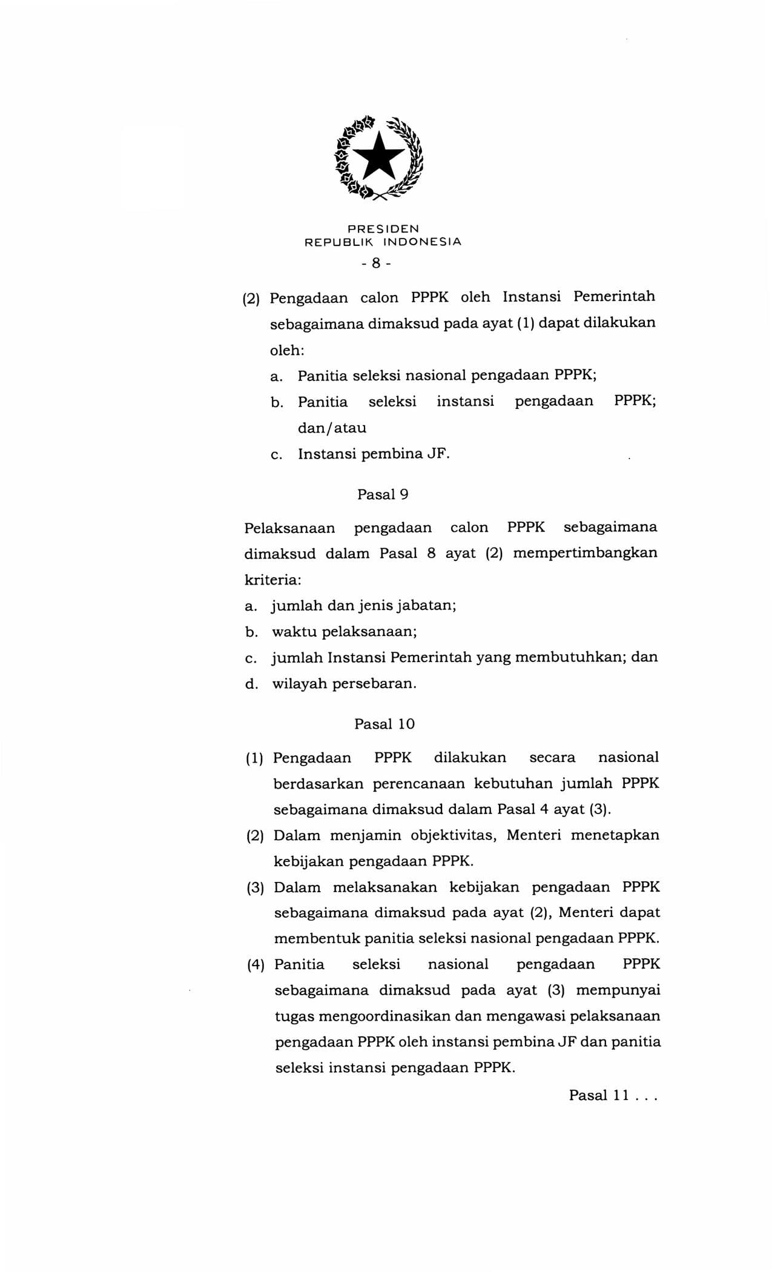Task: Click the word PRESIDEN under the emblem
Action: (x=383, y=229)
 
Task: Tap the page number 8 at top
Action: (x=376, y=263)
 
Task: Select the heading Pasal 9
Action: (x=383, y=494)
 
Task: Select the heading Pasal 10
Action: (x=384, y=724)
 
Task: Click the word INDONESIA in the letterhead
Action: (x=423, y=242)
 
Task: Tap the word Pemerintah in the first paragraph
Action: (x=614, y=297)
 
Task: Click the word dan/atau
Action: (x=332, y=428)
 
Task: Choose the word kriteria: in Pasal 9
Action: (x=272, y=580)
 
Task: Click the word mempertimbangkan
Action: (x=585, y=553)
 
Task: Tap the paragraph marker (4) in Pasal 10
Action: (x=256, y=965)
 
